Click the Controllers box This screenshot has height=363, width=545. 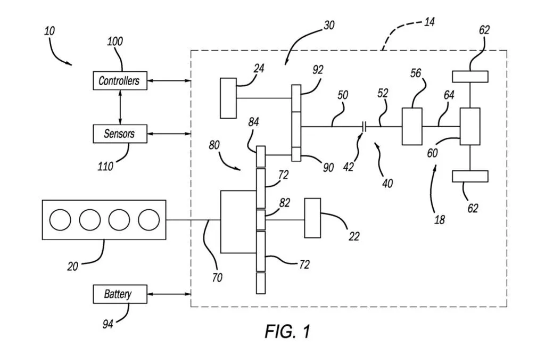120,81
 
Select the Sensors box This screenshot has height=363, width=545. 120,134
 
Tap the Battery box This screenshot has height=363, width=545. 120,294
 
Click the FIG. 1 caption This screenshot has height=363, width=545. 287,331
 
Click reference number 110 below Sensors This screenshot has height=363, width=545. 105,167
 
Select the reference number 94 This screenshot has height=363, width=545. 108,324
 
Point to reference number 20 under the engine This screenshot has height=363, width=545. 73,266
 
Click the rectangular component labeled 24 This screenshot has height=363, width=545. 228,98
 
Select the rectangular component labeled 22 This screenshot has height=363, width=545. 312,218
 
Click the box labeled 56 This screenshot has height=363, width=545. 412,126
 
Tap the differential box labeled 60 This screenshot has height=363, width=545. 470,126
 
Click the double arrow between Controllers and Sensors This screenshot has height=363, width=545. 120,107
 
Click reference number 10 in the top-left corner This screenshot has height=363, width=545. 49,31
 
